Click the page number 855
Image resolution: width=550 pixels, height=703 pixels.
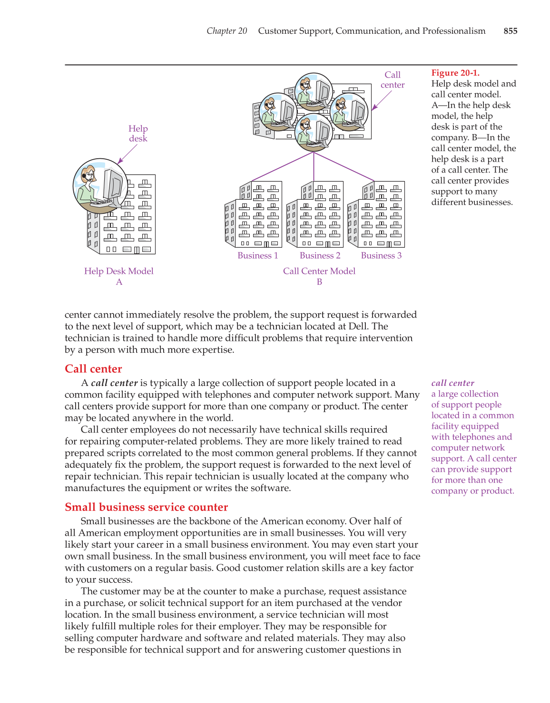(510, 31)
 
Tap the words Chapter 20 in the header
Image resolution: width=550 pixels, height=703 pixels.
(226, 31)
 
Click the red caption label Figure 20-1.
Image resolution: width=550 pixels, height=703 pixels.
(455, 73)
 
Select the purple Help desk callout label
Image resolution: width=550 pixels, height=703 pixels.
(138, 134)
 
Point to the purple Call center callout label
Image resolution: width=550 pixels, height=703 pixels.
(393, 80)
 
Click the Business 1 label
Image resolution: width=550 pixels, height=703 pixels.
(257, 256)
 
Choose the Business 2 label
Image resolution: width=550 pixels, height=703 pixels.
(320, 256)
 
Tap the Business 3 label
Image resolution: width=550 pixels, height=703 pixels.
(381, 256)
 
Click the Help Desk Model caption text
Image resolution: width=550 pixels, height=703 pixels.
(119, 271)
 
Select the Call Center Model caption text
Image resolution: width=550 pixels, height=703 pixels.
(319, 271)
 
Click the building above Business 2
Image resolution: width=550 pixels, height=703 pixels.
(314, 215)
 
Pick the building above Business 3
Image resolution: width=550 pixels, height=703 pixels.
(376, 215)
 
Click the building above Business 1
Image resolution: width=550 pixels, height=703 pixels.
(253, 215)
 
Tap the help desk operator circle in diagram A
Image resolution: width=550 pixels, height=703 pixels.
(100, 186)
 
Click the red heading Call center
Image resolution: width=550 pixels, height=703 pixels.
(93, 369)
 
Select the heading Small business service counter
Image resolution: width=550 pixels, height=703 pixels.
(146, 507)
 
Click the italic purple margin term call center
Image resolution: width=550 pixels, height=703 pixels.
(452, 383)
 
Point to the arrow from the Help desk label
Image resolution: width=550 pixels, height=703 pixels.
(127, 154)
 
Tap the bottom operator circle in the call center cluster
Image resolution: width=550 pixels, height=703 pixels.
(313, 133)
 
